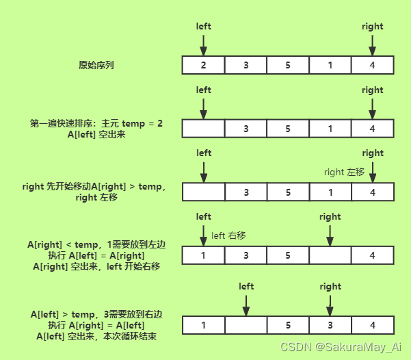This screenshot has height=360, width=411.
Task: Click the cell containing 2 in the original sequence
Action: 204,66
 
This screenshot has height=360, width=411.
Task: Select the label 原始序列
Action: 96,66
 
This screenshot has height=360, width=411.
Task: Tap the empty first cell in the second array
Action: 204,129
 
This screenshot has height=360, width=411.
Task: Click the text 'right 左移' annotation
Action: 345,172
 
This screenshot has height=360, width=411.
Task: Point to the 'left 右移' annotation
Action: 228,235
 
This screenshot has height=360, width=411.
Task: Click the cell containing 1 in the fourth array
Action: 204,255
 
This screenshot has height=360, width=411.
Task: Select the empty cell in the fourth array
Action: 330,255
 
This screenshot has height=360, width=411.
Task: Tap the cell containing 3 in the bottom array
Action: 330,324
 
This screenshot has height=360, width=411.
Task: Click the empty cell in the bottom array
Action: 246,324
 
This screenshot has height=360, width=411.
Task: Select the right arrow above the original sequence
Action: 373,45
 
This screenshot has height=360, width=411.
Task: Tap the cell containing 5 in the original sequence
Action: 288,66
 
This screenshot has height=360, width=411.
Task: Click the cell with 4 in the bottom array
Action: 373,324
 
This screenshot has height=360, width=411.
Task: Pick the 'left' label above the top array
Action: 204,27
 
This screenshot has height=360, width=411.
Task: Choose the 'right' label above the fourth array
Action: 330,217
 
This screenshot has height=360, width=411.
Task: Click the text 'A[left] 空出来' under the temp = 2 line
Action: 96,135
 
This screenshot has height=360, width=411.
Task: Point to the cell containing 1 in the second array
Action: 330,129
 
